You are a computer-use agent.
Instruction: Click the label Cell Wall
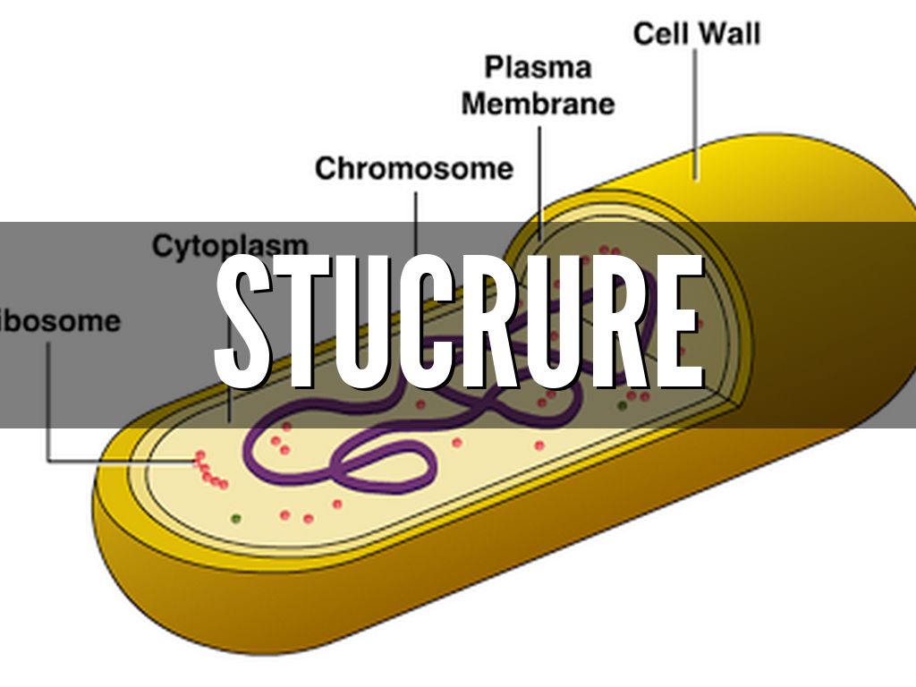pyautogui.click(x=696, y=35)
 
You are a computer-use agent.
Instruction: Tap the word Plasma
pyautogui.click(x=538, y=67)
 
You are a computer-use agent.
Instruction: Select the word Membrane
pyautogui.click(x=538, y=104)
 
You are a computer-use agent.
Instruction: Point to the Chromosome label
pyautogui.click(x=414, y=168)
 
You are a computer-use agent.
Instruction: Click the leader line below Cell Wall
pyautogui.click(x=695, y=107)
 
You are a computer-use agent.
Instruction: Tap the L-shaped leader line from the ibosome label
pyautogui.click(x=50, y=420)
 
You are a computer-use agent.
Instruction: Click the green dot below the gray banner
pyautogui.click(x=236, y=517)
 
